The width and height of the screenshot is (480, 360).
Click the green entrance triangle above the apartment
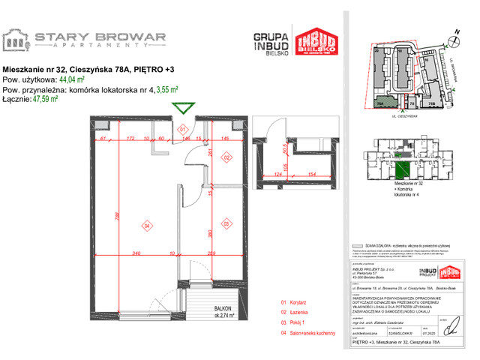click(181, 109)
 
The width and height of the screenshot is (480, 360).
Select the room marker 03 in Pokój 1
click(226, 223)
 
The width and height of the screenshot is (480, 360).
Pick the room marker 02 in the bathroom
click(226, 157)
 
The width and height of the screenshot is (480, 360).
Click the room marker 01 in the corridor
click(181, 130)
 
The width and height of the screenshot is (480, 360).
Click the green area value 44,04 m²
click(71, 79)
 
